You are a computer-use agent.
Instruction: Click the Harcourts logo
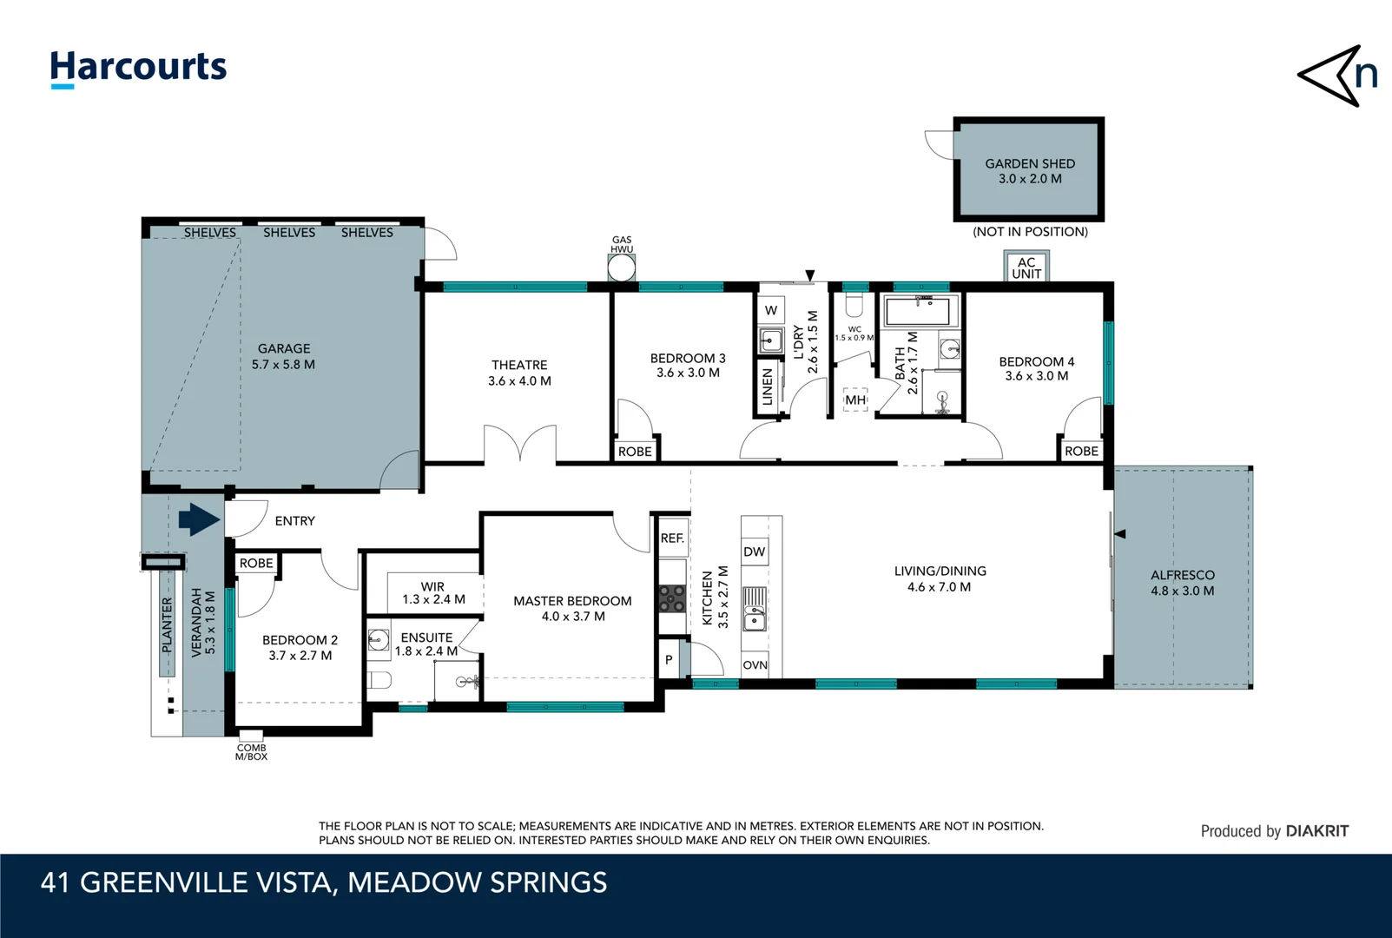point(138,68)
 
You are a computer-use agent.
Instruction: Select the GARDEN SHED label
point(1030,163)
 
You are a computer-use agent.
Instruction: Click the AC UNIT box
point(1026,268)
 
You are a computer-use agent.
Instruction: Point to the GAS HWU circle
point(622,268)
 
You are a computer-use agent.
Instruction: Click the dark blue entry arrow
point(199,520)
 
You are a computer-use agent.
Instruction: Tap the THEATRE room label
point(519,365)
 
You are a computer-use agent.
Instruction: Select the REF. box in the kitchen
point(672,538)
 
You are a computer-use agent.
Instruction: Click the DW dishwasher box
point(755,552)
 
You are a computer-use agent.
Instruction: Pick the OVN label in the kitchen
point(755,665)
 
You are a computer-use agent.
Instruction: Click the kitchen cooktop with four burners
point(672,598)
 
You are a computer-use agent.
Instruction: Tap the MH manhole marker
point(855,400)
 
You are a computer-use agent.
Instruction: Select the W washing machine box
point(771,310)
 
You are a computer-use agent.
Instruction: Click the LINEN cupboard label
point(767,386)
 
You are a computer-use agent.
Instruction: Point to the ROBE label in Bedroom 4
point(1081,451)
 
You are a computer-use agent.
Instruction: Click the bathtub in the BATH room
point(922,311)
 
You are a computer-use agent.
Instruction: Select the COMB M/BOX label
point(251,752)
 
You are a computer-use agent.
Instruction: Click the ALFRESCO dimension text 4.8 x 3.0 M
point(1182,591)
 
